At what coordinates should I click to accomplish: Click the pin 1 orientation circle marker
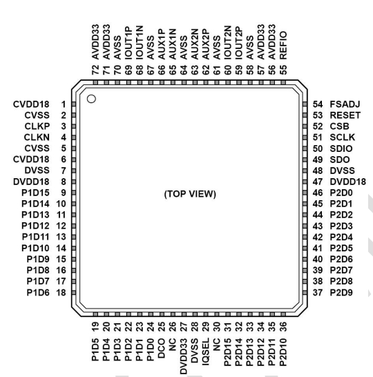click(91, 99)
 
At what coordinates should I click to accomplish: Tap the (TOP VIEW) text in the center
click(190, 194)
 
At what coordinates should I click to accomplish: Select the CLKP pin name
click(37, 126)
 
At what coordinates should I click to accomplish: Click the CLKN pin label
click(37, 137)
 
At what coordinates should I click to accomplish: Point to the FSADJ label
click(345, 104)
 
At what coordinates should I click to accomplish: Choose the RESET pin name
click(345, 115)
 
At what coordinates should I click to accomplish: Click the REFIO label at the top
click(283, 45)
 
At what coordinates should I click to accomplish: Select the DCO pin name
click(162, 348)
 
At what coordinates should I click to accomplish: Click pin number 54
click(318, 104)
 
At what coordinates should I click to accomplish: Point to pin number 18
click(61, 293)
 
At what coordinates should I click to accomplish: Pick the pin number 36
click(283, 327)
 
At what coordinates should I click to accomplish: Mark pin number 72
click(95, 70)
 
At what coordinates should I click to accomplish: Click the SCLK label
click(342, 137)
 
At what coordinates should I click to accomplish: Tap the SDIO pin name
click(341, 148)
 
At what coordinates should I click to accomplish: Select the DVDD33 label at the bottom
click(184, 356)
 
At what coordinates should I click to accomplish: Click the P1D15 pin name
click(35, 193)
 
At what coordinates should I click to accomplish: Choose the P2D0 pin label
click(341, 193)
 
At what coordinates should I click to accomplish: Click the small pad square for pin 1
click(74, 104)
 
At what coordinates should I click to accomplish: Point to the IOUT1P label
click(128, 43)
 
